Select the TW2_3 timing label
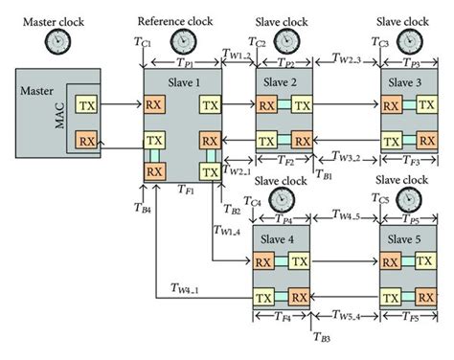pos(346,58)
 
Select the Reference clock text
pos(175,20)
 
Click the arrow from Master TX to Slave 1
pos(122,103)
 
